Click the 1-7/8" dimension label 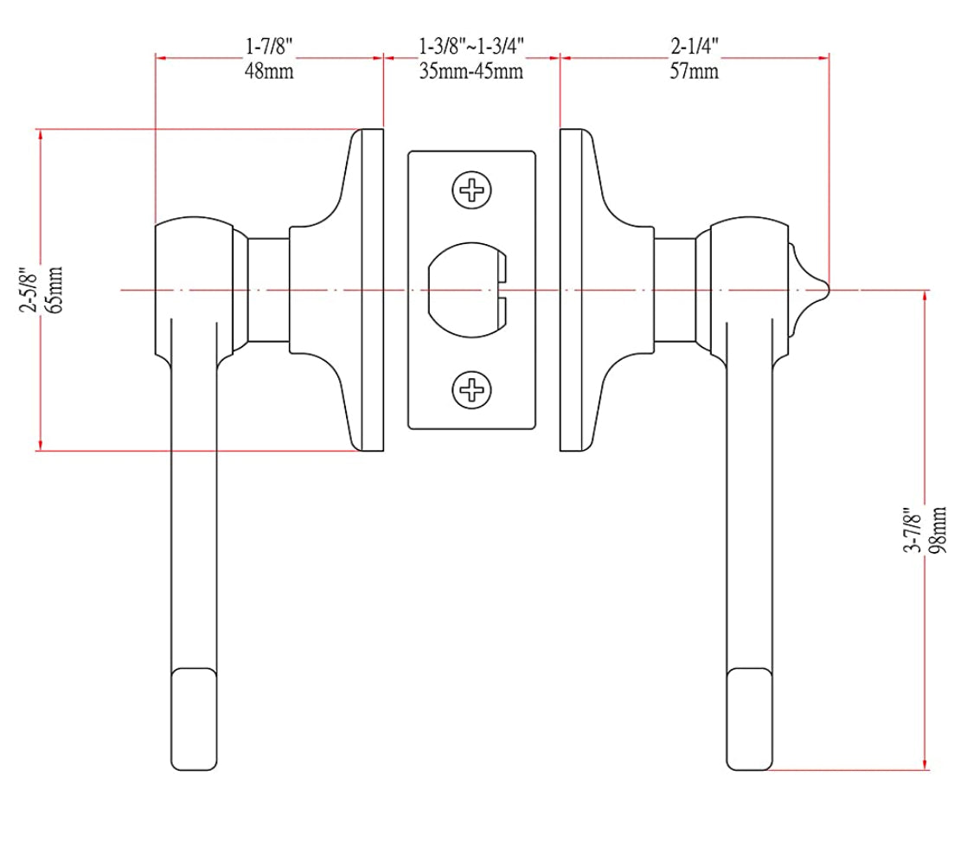[x=269, y=45]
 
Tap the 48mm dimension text [x=269, y=71]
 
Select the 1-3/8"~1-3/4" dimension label [x=471, y=45]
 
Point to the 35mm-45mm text [x=471, y=71]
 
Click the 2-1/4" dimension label [x=694, y=45]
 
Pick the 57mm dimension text [x=694, y=71]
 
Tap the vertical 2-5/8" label [x=29, y=290]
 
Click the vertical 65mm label [x=55, y=290]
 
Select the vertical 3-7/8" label [x=911, y=530]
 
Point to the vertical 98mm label [x=938, y=530]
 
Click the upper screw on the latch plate [x=472, y=189]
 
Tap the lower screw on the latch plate [x=472, y=391]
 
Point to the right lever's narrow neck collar [x=674, y=290]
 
